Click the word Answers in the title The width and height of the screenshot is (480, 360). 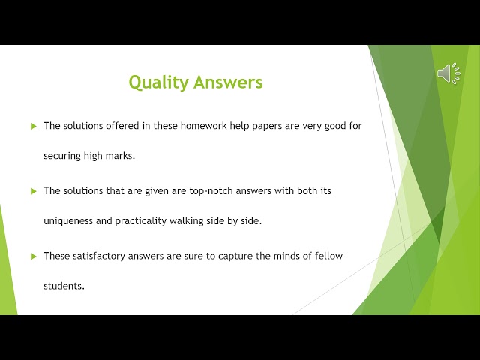pyautogui.click(x=229, y=82)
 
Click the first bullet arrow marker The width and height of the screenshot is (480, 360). pyautogui.click(x=33, y=127)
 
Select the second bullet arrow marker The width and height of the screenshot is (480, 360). pyautogui.click(x=33, y=191)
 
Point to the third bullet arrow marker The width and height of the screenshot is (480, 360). pyautogui.click(x=33, y=256)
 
